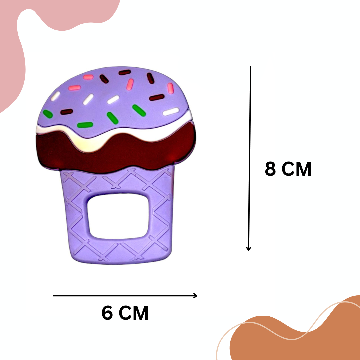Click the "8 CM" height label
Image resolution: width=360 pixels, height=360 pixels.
(x=288, y=169)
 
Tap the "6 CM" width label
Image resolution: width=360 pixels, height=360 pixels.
(x=125, y=313)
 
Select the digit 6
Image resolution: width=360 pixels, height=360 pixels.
(x=107, y=313)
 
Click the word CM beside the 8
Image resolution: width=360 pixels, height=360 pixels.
(x=297, y=169)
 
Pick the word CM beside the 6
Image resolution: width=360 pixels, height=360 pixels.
(x=134, y=313)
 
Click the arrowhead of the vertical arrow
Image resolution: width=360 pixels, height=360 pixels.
(x=248, y=248)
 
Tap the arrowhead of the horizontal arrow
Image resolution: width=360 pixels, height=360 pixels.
(x=196, y=295)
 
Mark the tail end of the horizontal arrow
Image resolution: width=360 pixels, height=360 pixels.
(x=54, y=295)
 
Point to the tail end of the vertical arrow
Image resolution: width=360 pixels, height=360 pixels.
(x=250, y=67)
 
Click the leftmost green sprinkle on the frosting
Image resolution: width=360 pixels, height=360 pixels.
(x=48, y=114)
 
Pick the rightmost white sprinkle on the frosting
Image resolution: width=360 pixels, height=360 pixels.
(x=171, y=112)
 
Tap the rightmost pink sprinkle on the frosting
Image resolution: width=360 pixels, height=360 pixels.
(x=170, y=88)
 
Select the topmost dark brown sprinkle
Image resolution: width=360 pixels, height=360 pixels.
(x=124, y=72)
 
